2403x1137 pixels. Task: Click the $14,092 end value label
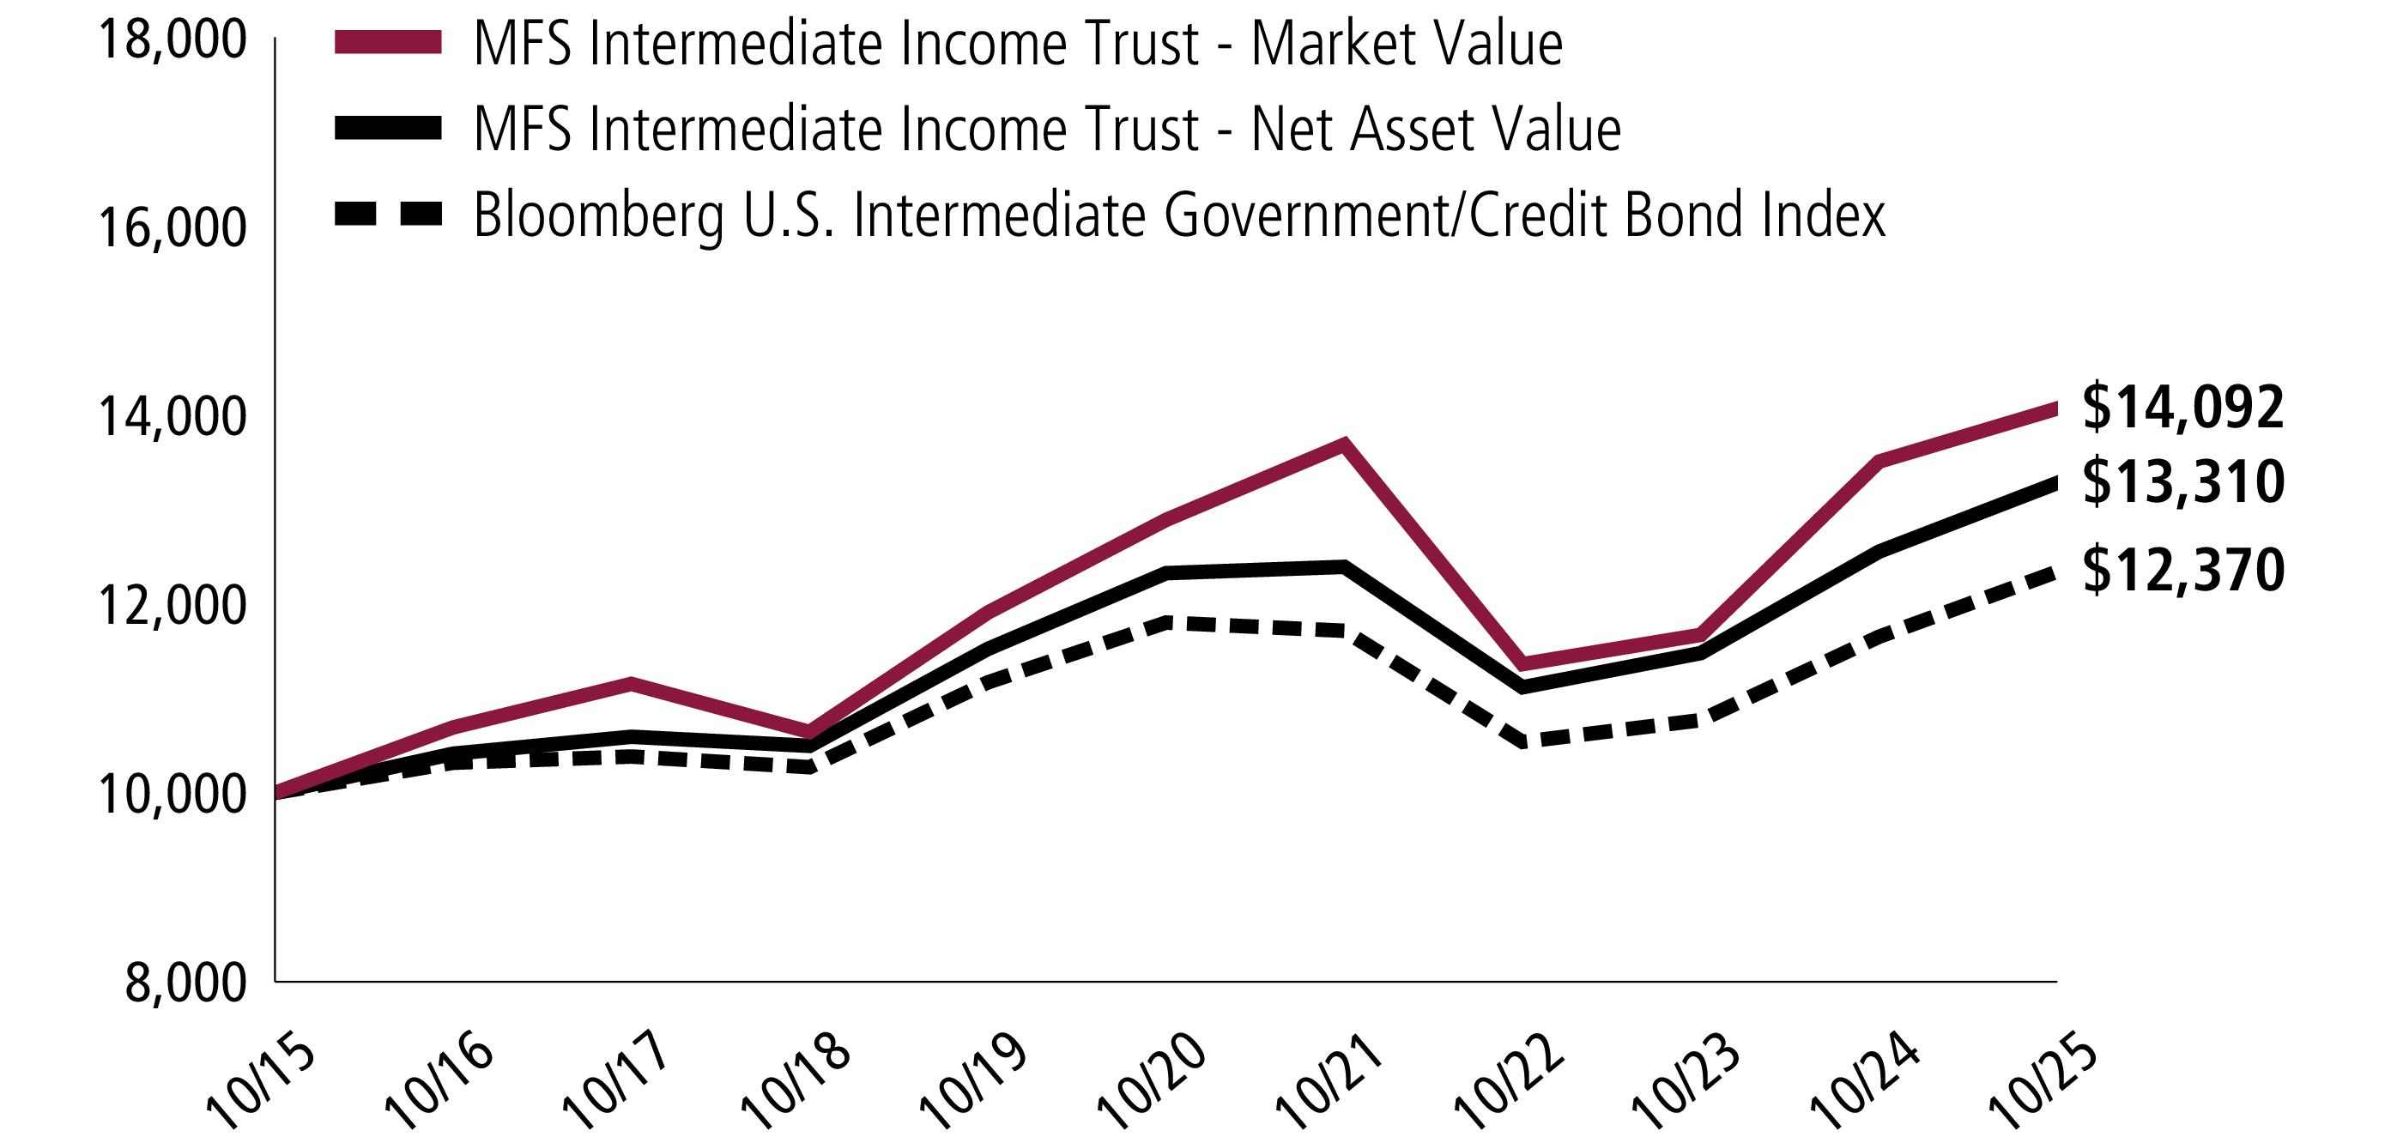2182,408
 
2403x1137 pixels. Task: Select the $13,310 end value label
2182,482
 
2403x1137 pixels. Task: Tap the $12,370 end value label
2182,570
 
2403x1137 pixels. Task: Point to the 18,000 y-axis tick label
173,41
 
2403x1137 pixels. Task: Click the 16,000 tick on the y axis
173,228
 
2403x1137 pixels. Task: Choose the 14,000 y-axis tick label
173,417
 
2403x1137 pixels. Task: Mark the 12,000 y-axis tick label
173,605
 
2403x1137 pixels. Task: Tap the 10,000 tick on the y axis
173,794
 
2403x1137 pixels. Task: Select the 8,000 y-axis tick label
186,983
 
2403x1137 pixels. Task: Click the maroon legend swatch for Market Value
388,43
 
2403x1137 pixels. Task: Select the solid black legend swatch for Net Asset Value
388,129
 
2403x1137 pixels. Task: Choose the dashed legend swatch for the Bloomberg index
388,215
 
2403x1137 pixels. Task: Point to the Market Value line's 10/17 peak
632,684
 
